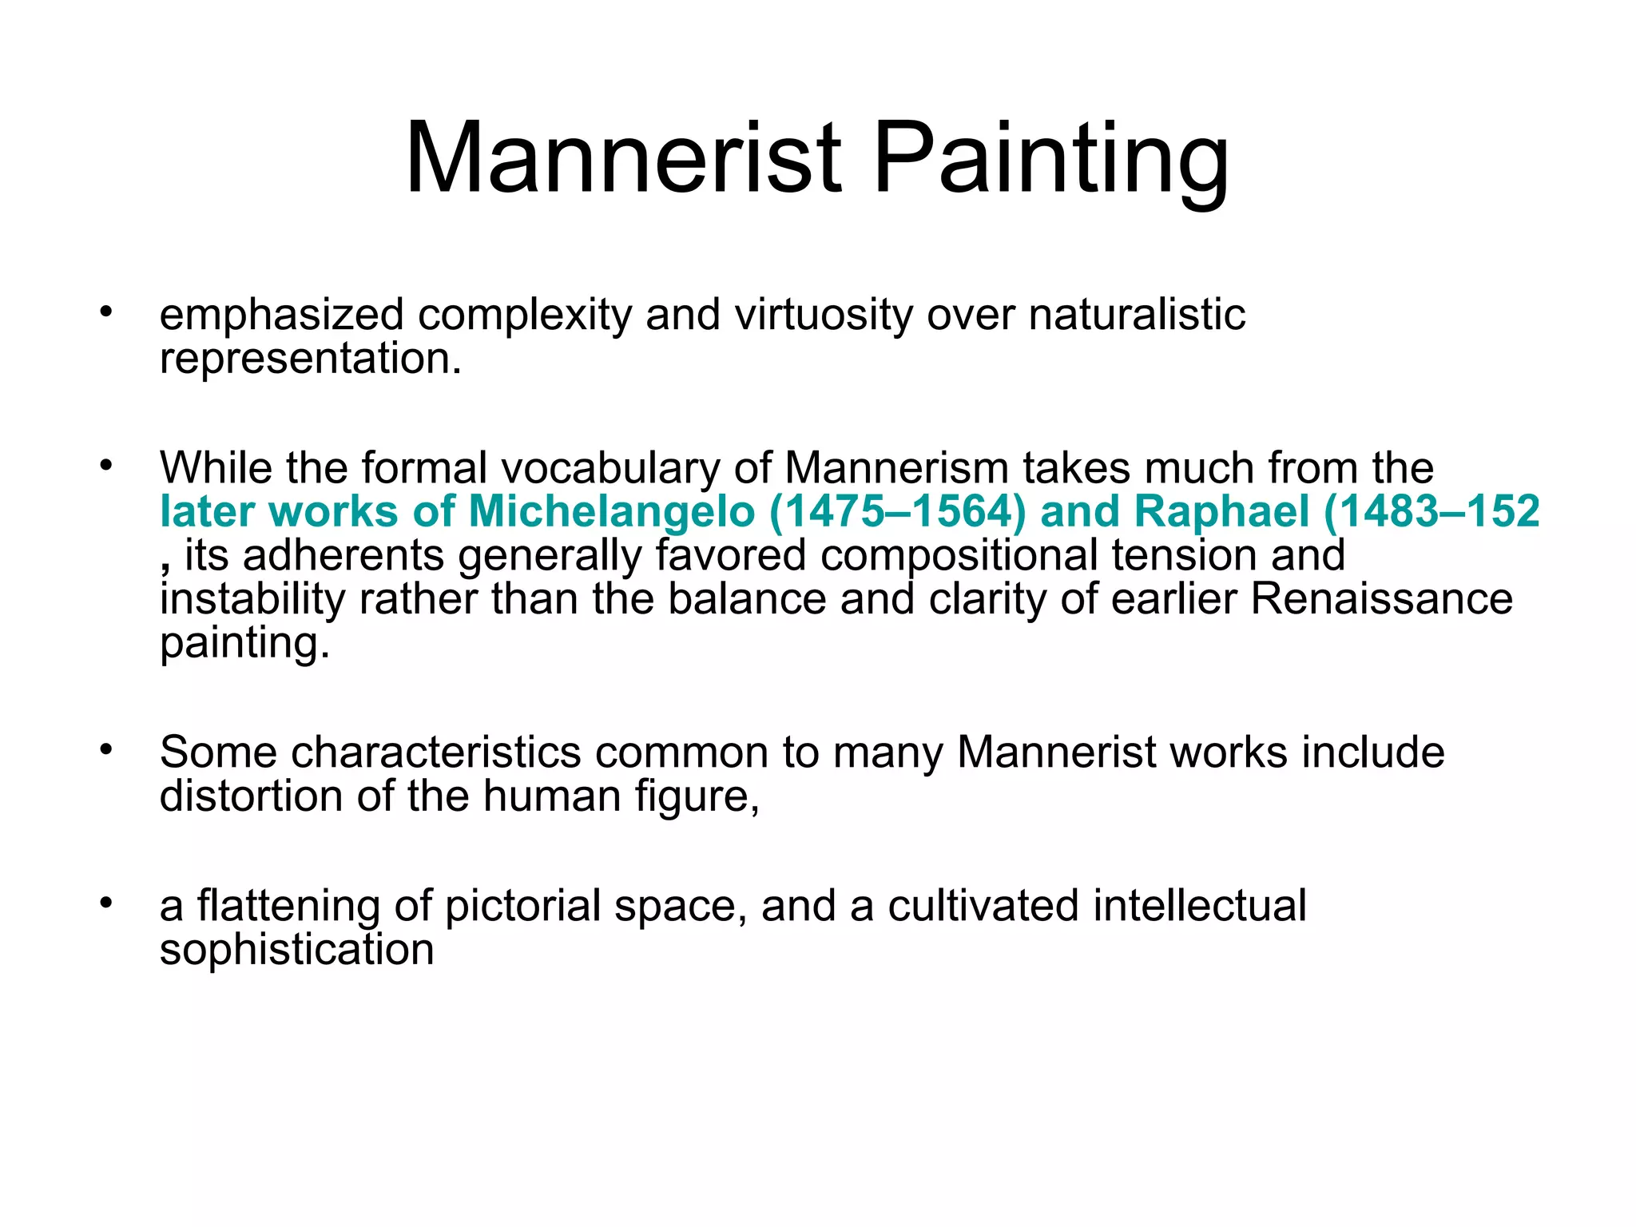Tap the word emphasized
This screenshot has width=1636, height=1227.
pyautogui.click(x=281, y=315)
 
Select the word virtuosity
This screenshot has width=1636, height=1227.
pyautogui.click(x=823, y=315)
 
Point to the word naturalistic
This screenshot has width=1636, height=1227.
pyautogui.click(x=1137, y=315)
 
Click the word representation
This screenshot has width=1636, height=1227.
pyautogui.click(x=310, y=359)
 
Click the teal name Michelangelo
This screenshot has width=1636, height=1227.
pyautogui.click(x=611, y=511)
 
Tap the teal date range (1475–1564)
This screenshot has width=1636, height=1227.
pyautogui.click(x=897, y=511)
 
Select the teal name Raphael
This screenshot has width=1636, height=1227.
pyautogui.click(x=1210, y=511)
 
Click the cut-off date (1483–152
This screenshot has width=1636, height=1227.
pyautogui.click(x=1431, y=511)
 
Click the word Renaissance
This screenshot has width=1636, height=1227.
pyautogui.click(x=1381, y=599)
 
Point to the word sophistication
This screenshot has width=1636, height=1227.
pyautogui.click(x=296, y=950)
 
